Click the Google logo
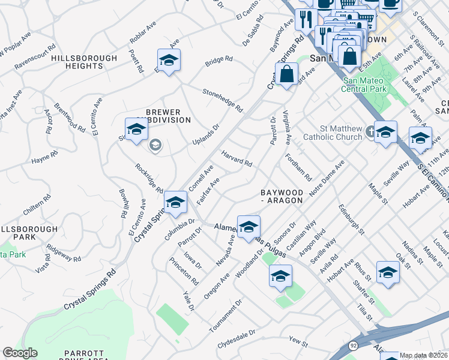(20, 353)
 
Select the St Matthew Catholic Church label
(341, 133)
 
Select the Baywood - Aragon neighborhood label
(282, 196)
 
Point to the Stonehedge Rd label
(223, 100)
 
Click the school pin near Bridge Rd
(169, 61)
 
